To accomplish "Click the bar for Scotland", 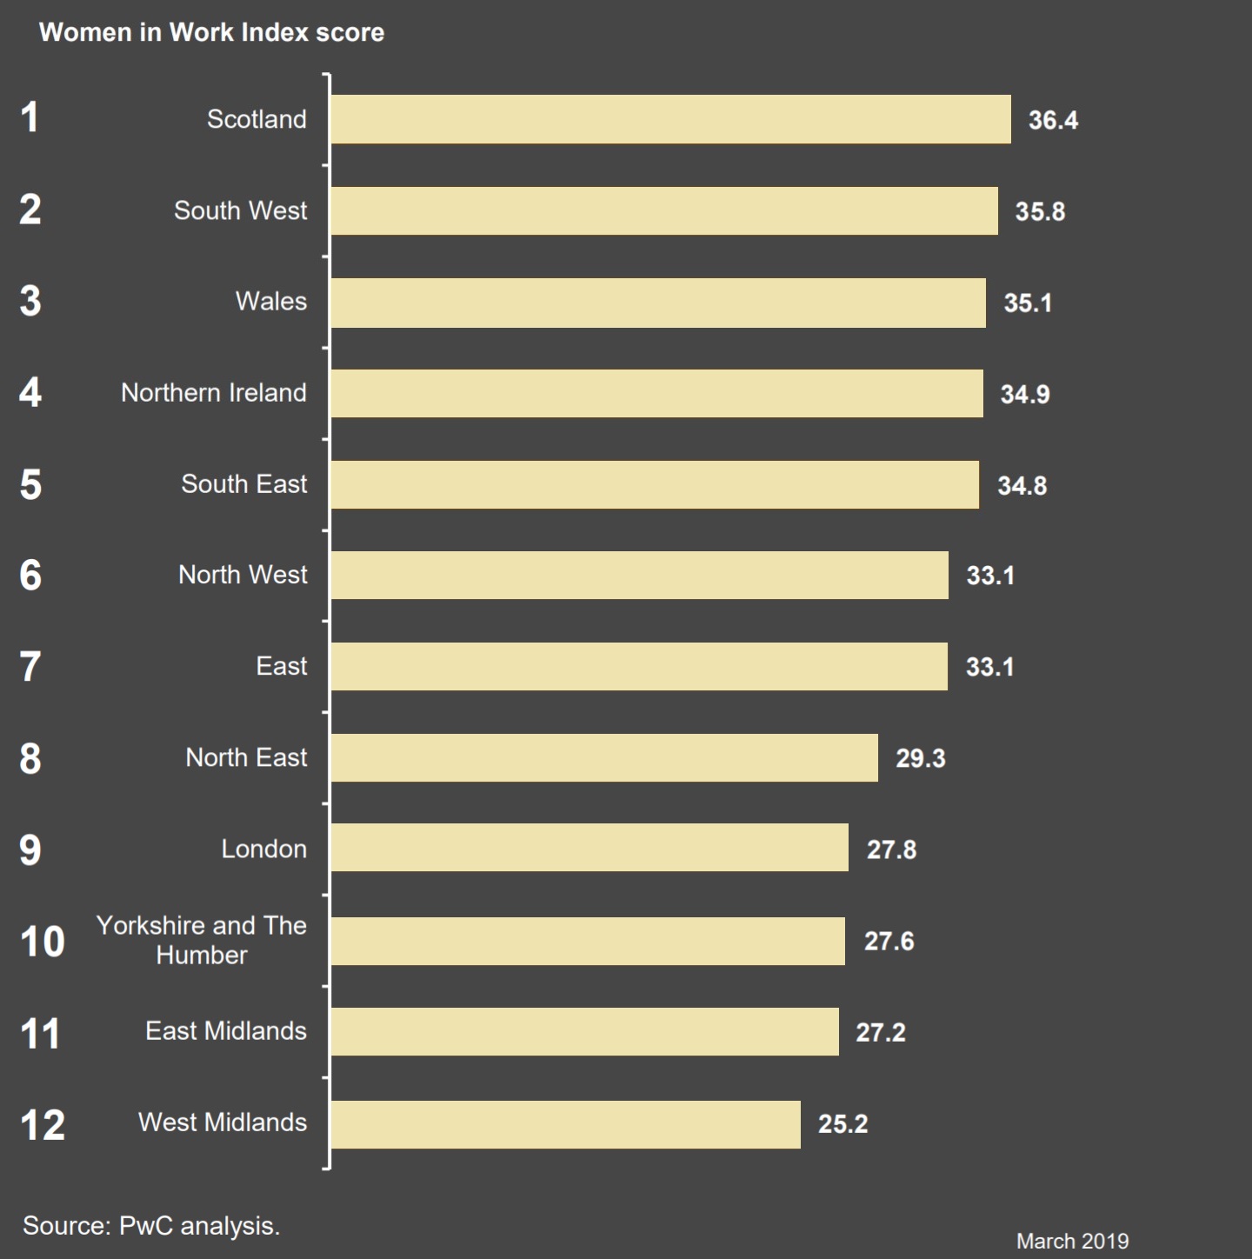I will [670, 119].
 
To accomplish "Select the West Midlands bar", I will [565, 1124].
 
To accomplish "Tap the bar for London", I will [589, 848].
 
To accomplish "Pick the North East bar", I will [604, 757].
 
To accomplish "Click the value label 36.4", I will [1053, 120].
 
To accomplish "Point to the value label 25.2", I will [842, 1124].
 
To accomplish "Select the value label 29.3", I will [920, 758].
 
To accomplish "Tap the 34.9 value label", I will [1024, 394].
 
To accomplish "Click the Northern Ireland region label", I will [213, 393].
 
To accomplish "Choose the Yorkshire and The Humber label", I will [201, 940].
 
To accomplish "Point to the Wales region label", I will [270, 302].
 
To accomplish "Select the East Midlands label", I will [225, 1031].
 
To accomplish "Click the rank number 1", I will [30, 118].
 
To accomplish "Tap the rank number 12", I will [42, 1125].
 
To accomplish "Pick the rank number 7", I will [30, 667].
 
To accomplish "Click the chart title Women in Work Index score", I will [211, 32].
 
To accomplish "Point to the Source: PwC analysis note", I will [151, 1226].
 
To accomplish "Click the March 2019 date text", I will [1072, 1241].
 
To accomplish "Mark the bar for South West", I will [664, 210].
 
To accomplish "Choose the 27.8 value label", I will [891, 849].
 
